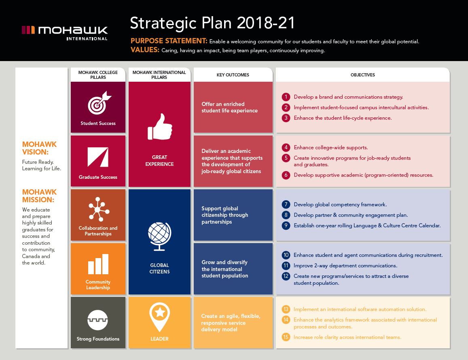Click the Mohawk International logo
tap(64, 33)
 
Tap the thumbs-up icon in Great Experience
tap(160, 127)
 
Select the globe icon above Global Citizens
tap(159, 236)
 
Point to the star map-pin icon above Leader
tap(160, 317)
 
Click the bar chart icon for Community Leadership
tap(98, 264)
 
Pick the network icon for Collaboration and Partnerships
tap(99, 209)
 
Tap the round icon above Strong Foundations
tap(97, 320)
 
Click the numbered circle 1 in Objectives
tap(286, 97)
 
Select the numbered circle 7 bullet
tap(286, 205)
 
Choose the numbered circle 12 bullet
tap(286, 276)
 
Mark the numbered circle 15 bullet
tap(286, 337)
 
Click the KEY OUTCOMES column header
tap(233, 75)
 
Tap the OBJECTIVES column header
tap(363, 75)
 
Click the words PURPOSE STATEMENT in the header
tap(169, 41)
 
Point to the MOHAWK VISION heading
tap(39, 148)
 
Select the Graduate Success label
tap(98, 177)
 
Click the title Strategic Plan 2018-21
tap(212, 23)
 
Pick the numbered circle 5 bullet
tap(286, 158)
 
